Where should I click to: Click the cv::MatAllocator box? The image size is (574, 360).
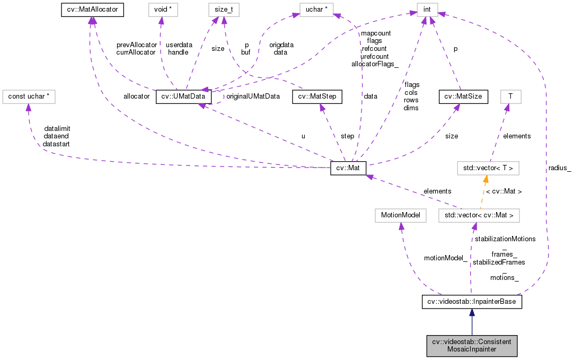pos(92,9)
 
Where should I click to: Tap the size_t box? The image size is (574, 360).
pos(224,9)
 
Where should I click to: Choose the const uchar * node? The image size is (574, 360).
pos(29,96)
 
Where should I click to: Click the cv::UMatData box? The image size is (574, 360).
pos(183,96)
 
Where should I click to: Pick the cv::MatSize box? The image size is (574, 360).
pos(460,96)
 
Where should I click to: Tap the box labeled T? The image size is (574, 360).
pos(510,96)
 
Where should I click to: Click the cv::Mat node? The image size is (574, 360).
pos(348,169)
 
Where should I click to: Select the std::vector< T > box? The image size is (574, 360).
pos(488,169)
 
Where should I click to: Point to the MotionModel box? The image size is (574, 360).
pos(400,215)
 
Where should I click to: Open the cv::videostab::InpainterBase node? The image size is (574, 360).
pos(472,302)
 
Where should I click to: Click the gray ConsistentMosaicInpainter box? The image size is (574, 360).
pos(472,346)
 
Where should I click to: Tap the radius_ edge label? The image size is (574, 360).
pos(560,168)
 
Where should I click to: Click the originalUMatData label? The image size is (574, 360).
pos(253,96)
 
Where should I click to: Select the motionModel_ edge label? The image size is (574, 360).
pos(446,258)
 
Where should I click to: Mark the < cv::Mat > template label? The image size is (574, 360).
pos(504,191)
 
